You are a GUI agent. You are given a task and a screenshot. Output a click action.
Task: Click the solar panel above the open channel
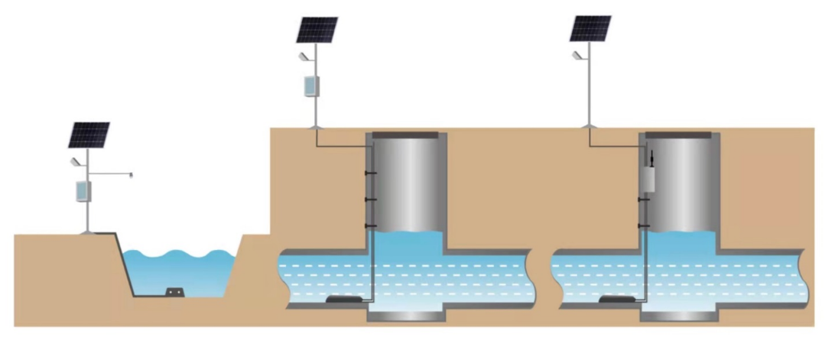tap(89, 135)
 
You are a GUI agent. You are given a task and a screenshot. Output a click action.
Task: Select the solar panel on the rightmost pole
tap(591, 28)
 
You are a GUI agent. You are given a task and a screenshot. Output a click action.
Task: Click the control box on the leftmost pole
tap(82, 191)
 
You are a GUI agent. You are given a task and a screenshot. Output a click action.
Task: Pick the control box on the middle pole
tap(310, 86)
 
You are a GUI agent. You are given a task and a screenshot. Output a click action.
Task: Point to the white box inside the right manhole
tap(651, 178)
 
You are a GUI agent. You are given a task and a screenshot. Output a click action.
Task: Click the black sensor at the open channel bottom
tap(176, 292)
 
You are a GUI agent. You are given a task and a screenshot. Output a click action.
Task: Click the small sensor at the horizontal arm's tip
tap(131, 175)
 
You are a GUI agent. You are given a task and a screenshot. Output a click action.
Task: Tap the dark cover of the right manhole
tap(679, 136)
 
